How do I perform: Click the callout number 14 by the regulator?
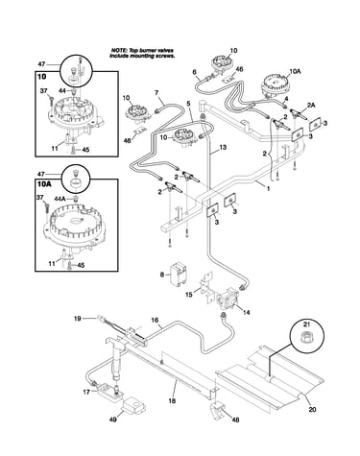(x=247, y=312)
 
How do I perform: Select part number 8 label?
(x=162, y=275)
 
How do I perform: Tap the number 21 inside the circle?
(x=307, y=325)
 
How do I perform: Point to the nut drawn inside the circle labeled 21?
(x=307, y=337)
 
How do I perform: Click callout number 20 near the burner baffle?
(x=313, y=409)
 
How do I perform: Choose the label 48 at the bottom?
(x=235, y=420)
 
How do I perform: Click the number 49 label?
(x=113, y=419)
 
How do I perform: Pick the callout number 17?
(x=86, y=392)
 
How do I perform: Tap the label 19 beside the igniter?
(x=77, y=319)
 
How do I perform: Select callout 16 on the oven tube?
(x=155, y=320)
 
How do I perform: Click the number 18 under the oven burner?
(x=172, y=400)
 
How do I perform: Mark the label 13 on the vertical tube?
(x=223, y=147)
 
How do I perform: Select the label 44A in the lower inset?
(x=60, y=199)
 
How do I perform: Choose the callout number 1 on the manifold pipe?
(x=268, y=189)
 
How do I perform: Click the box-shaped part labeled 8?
(x=179, y=273)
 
